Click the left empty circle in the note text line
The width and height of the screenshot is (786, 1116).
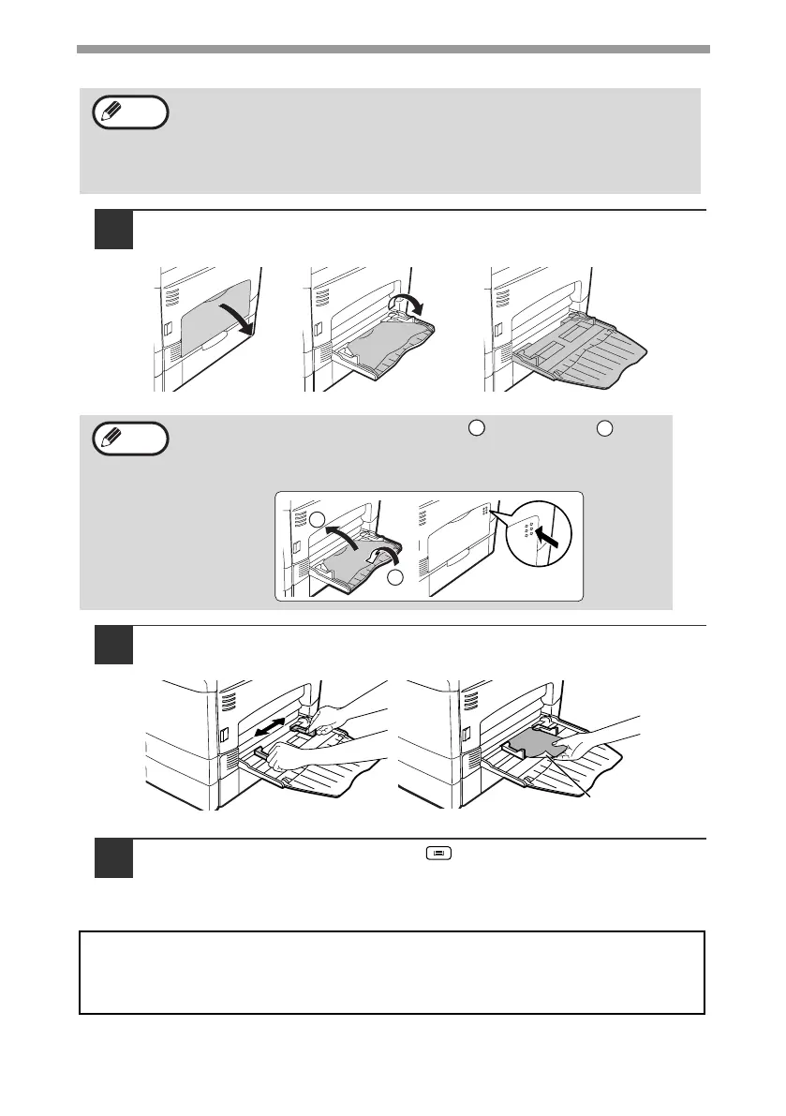[477, 428]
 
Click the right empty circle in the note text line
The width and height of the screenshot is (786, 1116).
[603, 428]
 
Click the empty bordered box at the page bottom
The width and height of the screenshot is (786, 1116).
[392, 972]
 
